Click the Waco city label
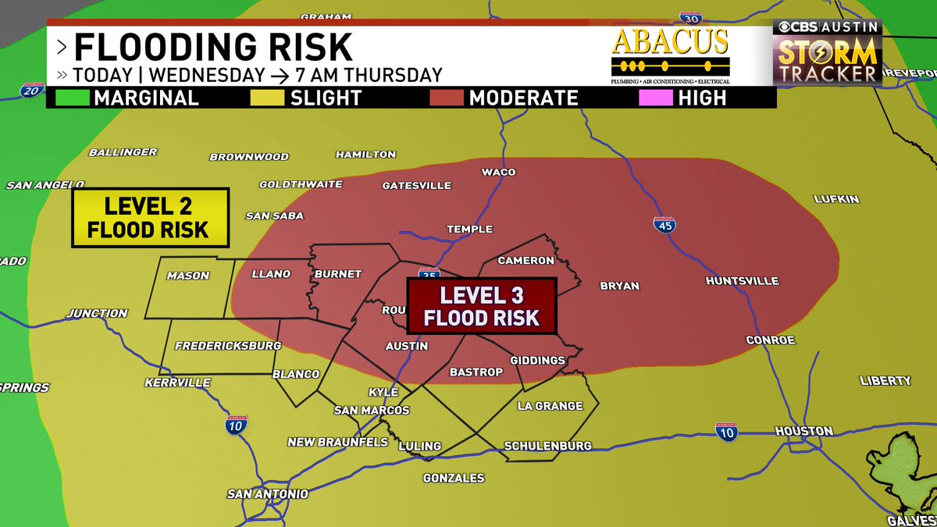498,172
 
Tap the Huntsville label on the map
741,280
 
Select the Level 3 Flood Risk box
481,306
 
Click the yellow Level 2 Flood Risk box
149,217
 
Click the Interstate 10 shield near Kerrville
235,426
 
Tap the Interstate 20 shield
31,91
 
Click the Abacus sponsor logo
670,55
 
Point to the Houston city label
803,431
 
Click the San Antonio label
268,493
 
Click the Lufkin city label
835,199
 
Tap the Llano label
271,274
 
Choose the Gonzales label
453,478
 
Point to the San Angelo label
45,185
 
